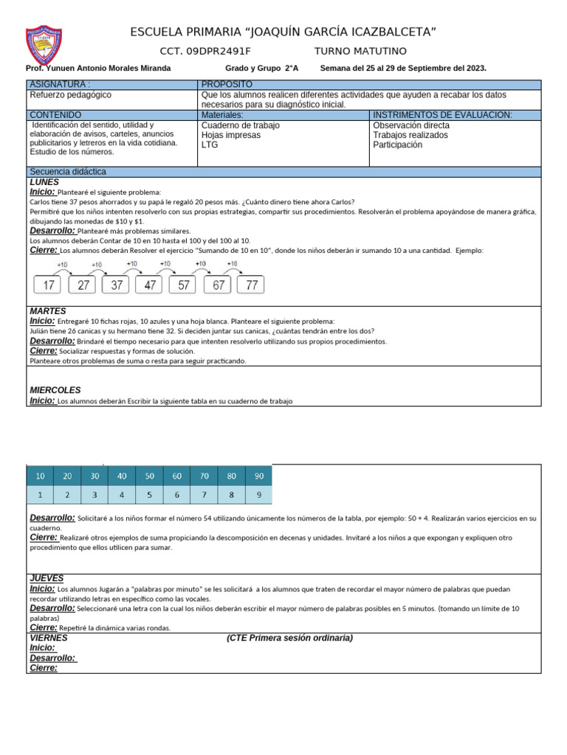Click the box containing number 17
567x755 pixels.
pos(49,285)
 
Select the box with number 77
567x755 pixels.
pos(252,285)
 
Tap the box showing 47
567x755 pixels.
pos(151,285)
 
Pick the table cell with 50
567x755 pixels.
pos(149,476)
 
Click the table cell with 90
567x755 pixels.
pos(259,476)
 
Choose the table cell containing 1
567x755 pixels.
pos(40,495)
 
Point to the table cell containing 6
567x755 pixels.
pos(176,495)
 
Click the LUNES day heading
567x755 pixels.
pos(44,182)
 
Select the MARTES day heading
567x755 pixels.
pos(47,311)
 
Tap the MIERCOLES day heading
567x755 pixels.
pos(55,390)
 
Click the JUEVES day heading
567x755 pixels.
pos(46,579)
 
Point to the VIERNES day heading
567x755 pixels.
pos(48,638)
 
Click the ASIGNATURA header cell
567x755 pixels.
pos(60,85)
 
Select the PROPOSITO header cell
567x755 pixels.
pos(227,85)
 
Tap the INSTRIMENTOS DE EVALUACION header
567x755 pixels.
pos(442,115)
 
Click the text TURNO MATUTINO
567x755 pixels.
pos(360,51)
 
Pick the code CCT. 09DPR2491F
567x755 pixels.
pos(205,51)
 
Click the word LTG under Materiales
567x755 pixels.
pos(210,145)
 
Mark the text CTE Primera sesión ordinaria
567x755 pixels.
pos(289,638)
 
